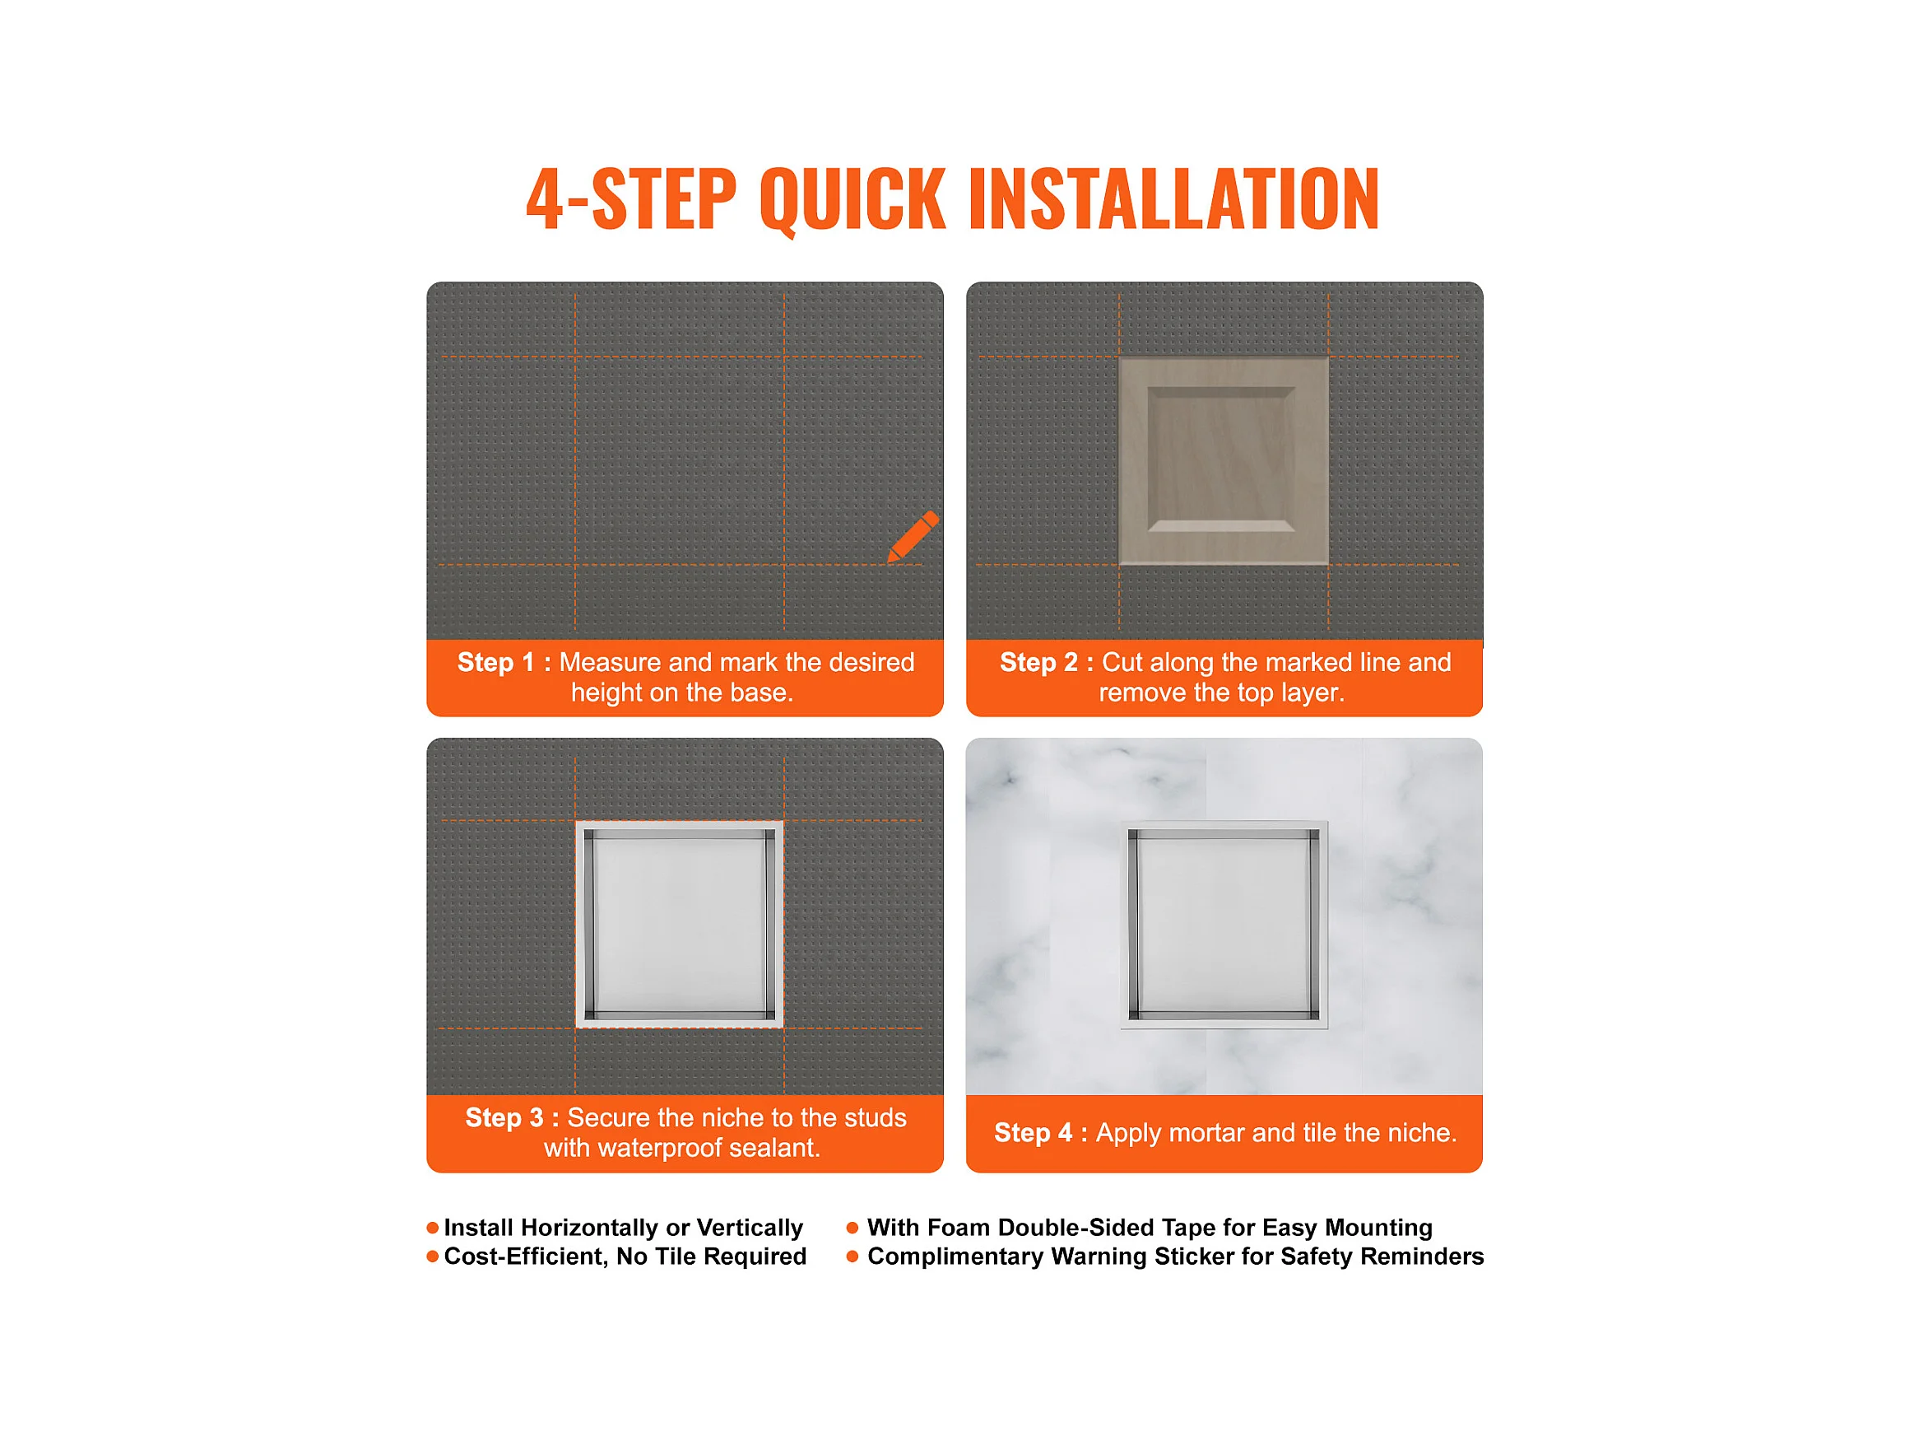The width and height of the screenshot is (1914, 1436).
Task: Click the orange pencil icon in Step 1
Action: [x=913, y=536]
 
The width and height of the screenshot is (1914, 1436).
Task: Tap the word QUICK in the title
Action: [x=853, y=200]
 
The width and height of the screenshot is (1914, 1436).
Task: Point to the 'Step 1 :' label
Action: [x=504, y=662]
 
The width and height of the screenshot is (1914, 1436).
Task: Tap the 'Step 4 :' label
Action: [x=1041, y=1132]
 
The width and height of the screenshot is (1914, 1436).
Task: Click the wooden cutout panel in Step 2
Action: [x=1224, y=460]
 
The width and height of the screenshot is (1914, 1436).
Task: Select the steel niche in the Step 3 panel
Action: [x=679, y=925]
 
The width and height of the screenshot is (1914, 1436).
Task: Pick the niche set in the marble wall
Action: [x=1224, y=925]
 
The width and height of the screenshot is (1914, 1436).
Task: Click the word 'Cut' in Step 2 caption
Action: [x=1122, y=662]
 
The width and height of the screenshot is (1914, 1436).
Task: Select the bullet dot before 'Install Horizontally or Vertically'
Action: [x=433, y=1228]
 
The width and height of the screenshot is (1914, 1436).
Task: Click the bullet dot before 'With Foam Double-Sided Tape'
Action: [x=852, y=1228]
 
